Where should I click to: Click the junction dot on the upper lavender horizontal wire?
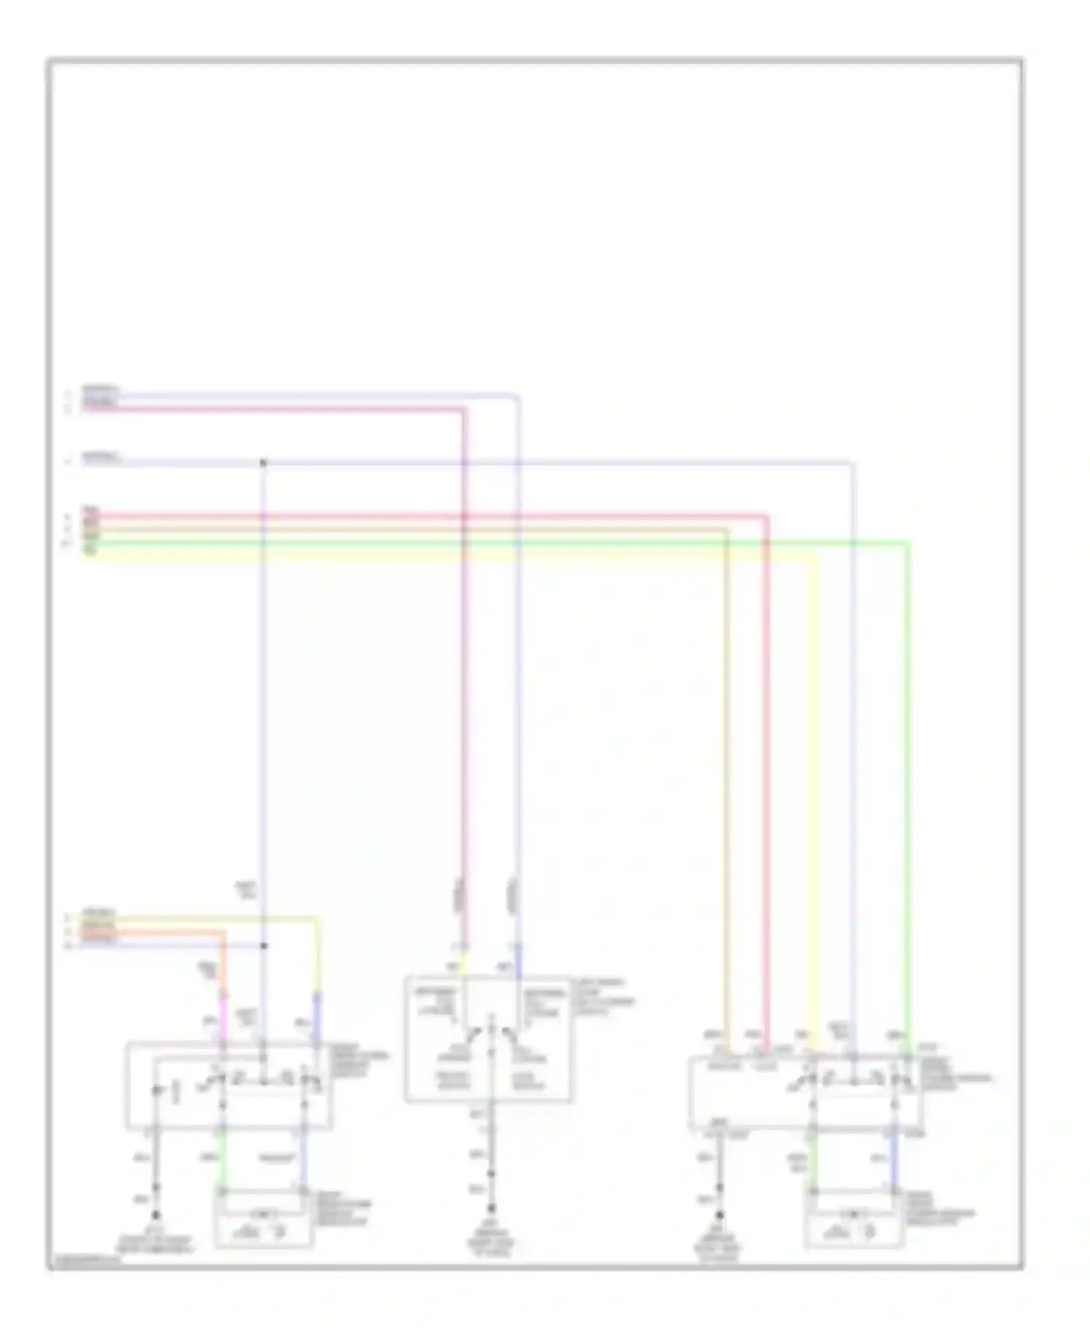[263, 463]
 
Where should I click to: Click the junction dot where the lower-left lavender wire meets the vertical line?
[263, 946]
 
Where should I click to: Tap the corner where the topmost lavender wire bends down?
[517, 397]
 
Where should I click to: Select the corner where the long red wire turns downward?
[766, 517]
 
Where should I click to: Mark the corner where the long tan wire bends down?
[726, 531]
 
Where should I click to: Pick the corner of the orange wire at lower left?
[222, 932]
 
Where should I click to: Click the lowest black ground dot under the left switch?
[156, 1215]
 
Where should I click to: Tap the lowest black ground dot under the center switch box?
[491, 1208]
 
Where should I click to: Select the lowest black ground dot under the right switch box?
[719, 1215]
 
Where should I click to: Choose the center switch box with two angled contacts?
[488, 1039]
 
